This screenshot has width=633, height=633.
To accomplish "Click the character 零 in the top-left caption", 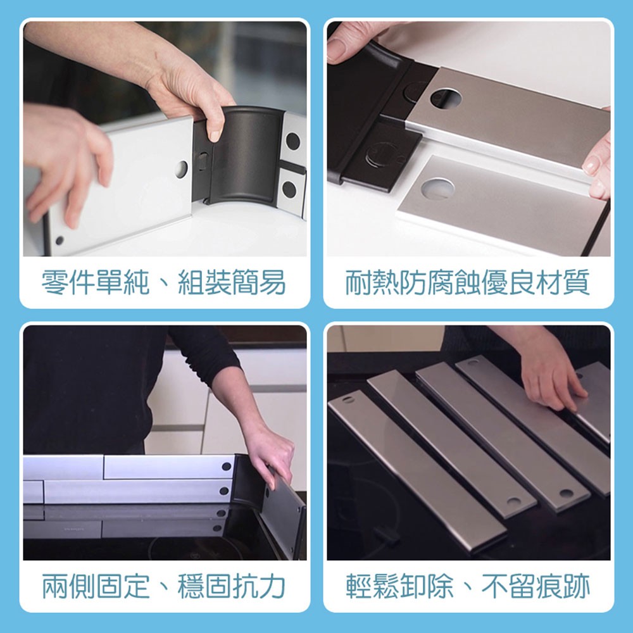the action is [55, 282].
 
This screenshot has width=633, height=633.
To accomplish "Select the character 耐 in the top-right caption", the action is [359, 282].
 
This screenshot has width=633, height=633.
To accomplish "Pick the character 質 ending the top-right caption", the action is [577, 282].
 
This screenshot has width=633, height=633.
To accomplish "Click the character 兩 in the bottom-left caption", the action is [55, 586].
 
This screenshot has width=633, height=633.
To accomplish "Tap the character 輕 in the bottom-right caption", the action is [359, 586].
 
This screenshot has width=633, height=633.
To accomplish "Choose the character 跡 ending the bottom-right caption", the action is [577, 586].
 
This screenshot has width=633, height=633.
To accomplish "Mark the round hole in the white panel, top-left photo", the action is [181, 169].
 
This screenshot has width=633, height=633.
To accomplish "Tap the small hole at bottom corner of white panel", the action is [60, 241].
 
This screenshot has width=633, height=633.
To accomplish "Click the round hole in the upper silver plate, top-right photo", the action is [445, 97].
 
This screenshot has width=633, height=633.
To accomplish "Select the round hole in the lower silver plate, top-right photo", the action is [437, 188].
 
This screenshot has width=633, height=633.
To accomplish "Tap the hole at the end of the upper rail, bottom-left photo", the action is [227, 467].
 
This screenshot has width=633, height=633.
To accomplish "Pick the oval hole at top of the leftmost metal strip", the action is [347, 399].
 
